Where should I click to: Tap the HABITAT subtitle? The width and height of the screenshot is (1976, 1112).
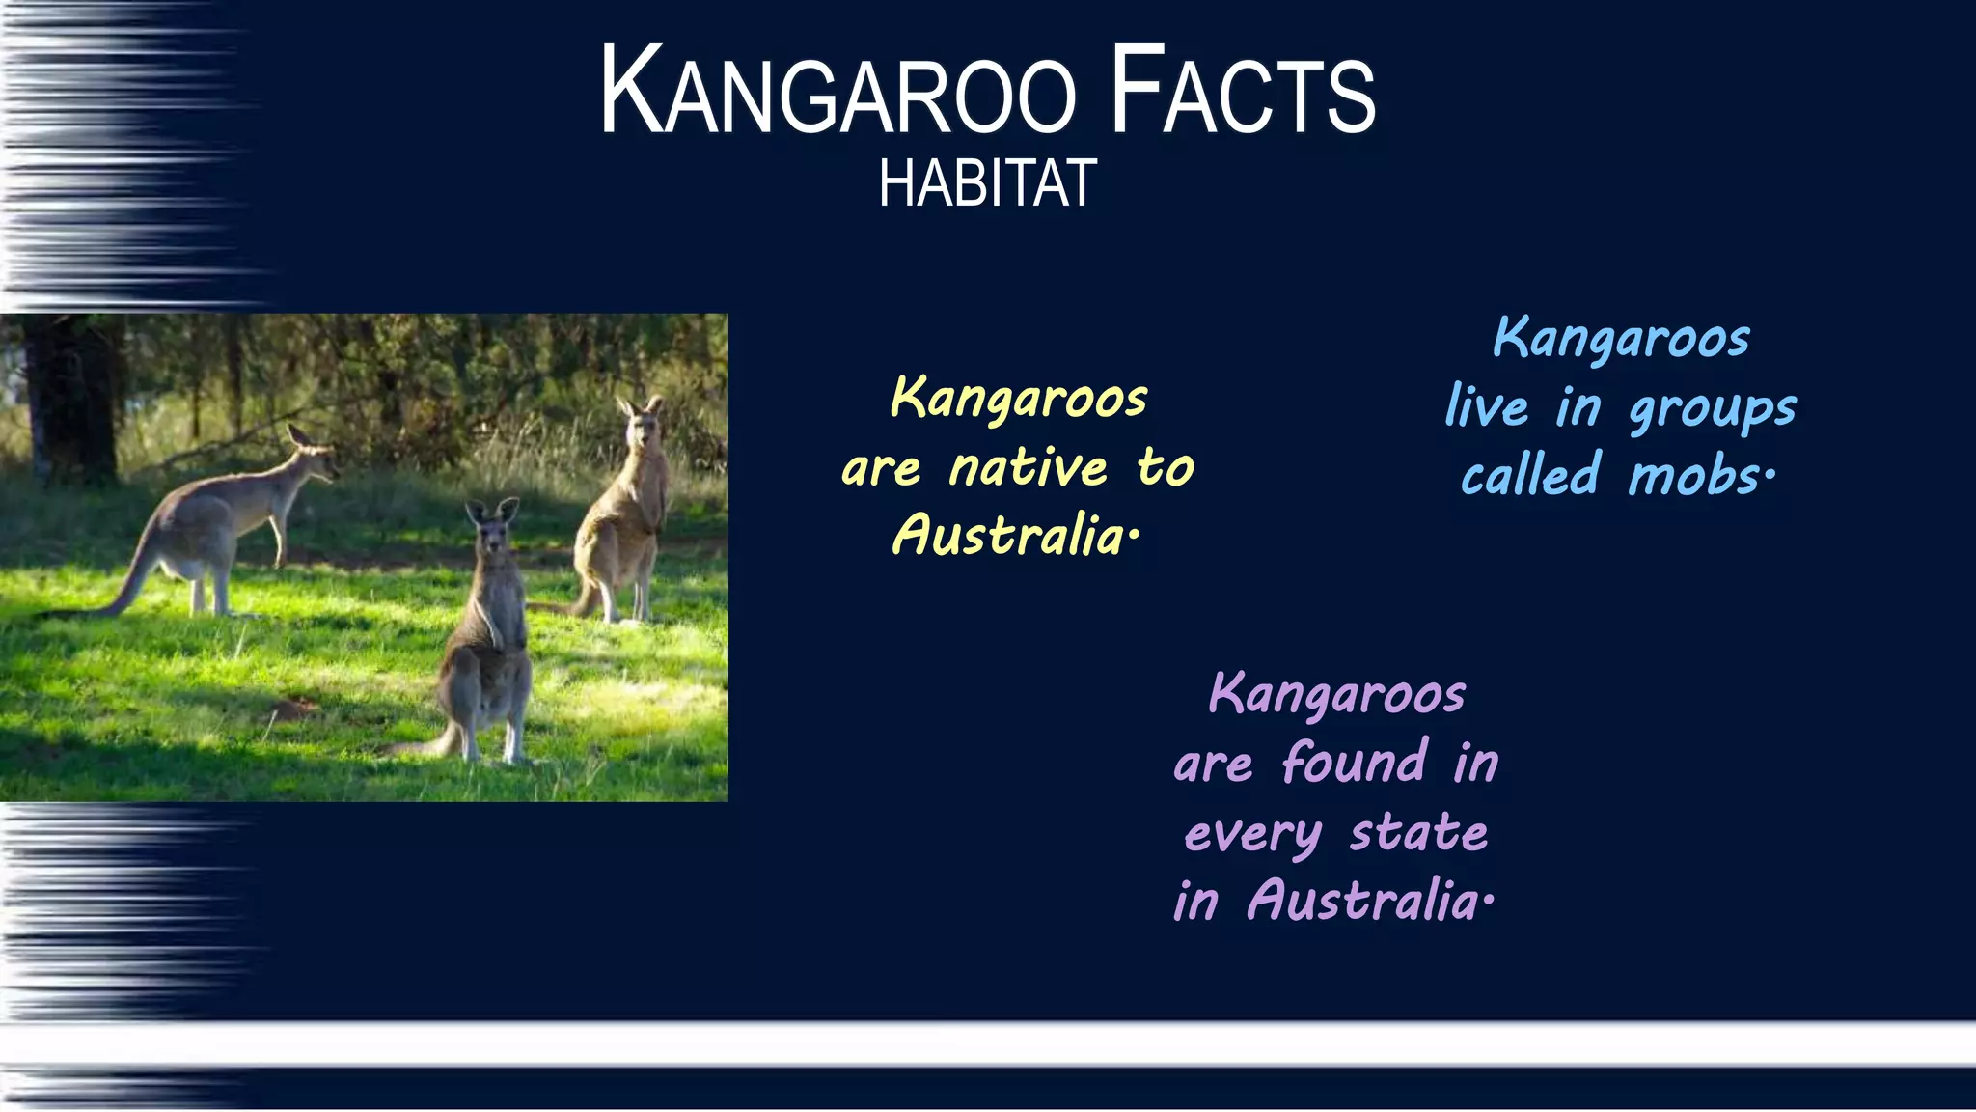(987, 183)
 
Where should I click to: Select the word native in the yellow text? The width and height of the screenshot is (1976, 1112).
(1029, 468)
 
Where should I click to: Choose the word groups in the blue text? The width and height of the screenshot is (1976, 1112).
(1713, 409)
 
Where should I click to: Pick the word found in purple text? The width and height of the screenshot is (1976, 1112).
(1355, 763)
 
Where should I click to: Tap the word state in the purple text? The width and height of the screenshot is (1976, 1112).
(1418, 833)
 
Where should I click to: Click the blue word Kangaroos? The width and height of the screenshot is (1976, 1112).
(1622, 339)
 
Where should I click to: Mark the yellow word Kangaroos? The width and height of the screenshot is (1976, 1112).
(1019, 399)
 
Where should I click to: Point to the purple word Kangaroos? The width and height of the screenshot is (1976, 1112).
(1337, 695)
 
